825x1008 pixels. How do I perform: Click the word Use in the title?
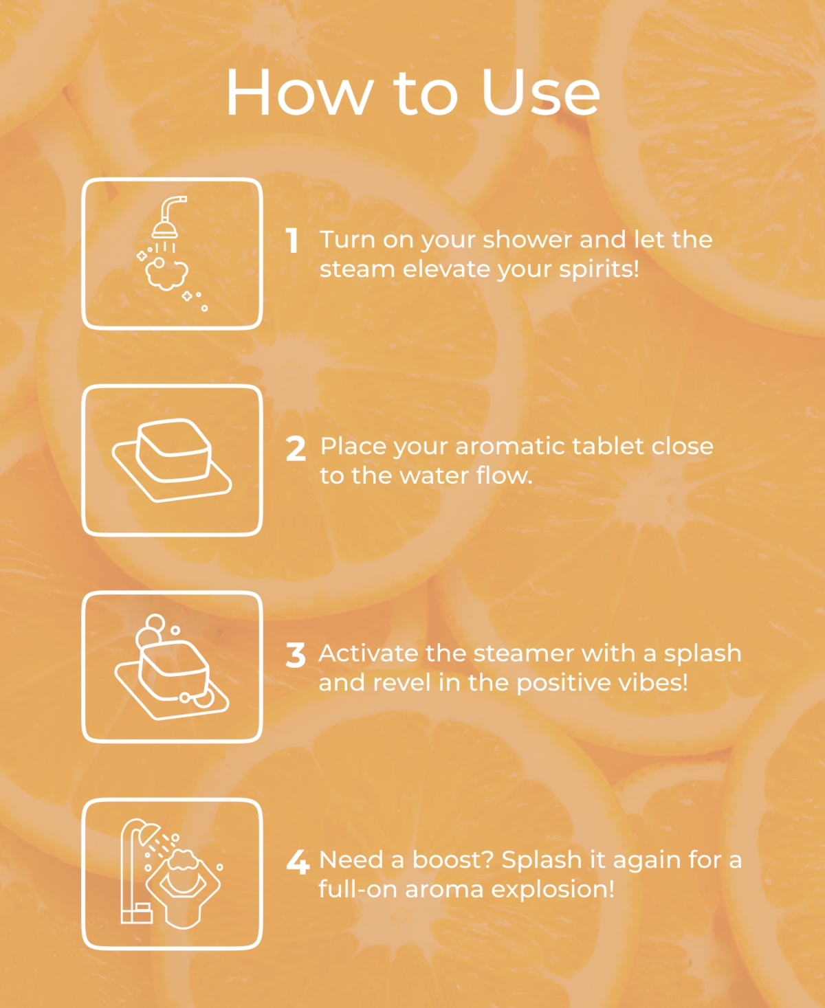tap(540, 92)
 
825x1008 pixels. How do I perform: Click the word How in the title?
tap(299, 92)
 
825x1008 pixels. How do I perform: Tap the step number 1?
tap(292, 240)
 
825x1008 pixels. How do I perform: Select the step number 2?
tap(296, 449)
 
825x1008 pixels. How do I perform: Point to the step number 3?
tap(296, 656)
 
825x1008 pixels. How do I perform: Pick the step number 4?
tap(298, 862)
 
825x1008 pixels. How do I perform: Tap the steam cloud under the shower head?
tap(166, 274)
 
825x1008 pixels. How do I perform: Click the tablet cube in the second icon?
tap(174, 451)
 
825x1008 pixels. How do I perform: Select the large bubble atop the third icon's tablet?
tap(155, 624)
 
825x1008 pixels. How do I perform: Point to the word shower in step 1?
tap(527, 239)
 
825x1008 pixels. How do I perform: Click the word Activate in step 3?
tap(368, 653)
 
